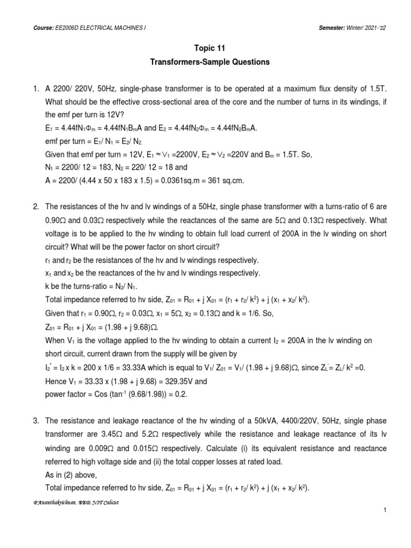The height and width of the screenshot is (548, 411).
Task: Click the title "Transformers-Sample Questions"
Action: [x=205, y=62]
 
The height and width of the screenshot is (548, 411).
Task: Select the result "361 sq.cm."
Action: [x=224, y=181]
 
